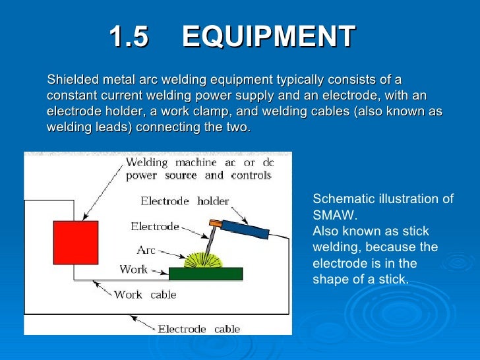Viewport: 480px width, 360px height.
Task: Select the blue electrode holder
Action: pyautogui.click(x=245, y=228)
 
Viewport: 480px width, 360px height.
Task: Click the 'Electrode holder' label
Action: pyautogui.click(x=185, y=201)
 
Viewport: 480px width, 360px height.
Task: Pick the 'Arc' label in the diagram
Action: pyautogui.click(x=146, y=250)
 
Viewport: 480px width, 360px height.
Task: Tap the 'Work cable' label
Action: pyautogui.click(x=145, y=295)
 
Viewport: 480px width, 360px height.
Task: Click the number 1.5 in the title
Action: pyautogui.click(x=129, y=37)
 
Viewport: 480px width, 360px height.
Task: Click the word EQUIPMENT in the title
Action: pyautogui.click(x=268, y=37)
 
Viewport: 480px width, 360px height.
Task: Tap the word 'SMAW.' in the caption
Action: pyautogui.click(x=334, y=215)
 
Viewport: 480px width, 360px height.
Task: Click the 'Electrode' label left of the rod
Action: pyautogui.click(x=155, y=227)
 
